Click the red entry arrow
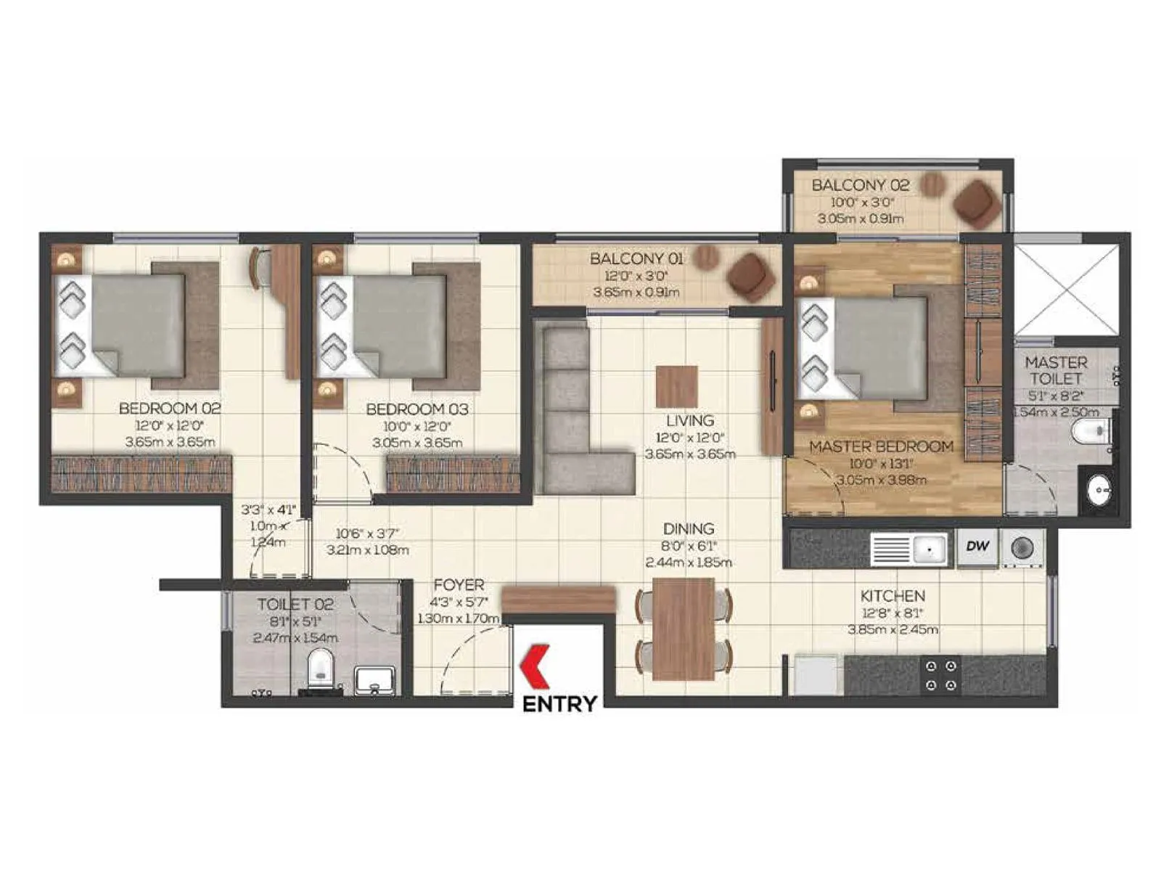point(536,666)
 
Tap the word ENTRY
point(559,703)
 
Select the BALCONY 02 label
point(860,185)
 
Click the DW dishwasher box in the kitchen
point(977,547)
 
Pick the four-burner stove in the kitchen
point(941,675)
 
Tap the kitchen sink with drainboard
point(909,549)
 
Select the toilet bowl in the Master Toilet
point(1091,433)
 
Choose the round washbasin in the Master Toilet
point(1100,491)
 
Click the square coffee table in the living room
point(677,387)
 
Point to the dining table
point(683,629)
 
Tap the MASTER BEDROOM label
point(881,446)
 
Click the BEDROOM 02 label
point(170,409)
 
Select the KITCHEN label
point(893,596)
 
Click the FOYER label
point(459,585)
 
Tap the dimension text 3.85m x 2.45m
point(893,629)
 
